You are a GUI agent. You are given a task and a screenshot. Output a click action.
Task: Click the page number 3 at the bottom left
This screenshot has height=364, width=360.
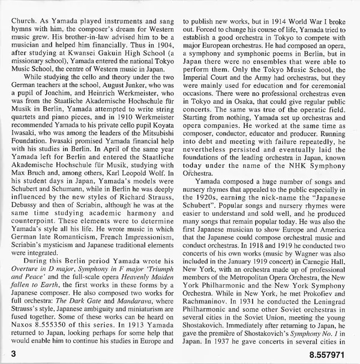(x=6, y=354)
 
